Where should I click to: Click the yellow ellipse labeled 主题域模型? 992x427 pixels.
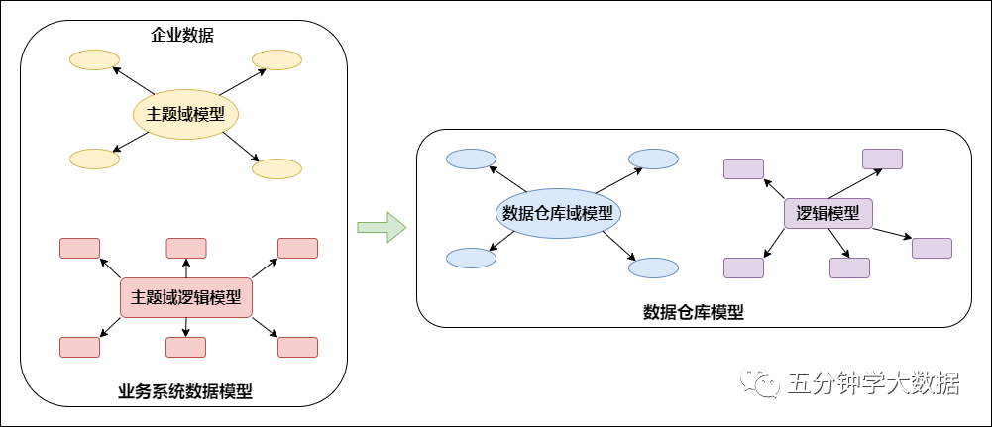click(x=186, y=115)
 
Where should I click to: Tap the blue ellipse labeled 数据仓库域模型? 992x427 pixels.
click(x=557, y=213)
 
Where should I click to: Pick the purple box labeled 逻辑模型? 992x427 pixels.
click(x=827, y=213)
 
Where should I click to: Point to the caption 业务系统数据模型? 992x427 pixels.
click(x=185, y=391)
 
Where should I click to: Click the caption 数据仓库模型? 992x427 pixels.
click(x=694, y=312)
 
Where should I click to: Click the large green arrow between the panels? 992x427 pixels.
click(x=382, y=227)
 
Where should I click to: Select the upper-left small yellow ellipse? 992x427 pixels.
click(x=94, y=60)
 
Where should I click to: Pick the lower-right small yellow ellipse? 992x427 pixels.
click(x=276, y=169)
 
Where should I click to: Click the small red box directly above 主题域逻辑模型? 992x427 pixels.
click(x=185, y=248)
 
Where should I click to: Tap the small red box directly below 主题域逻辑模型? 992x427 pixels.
click(x=185, y=347)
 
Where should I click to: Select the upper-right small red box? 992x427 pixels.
click(x=297, y=248)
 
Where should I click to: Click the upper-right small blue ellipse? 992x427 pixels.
click(x=653, y=159)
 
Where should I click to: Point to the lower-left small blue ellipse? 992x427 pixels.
click(x=471, y=258)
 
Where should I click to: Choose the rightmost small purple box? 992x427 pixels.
click(x=932, y=248)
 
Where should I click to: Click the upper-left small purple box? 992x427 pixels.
click(x=743, y=168)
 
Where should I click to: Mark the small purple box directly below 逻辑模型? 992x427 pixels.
click(x=849, y=267)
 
